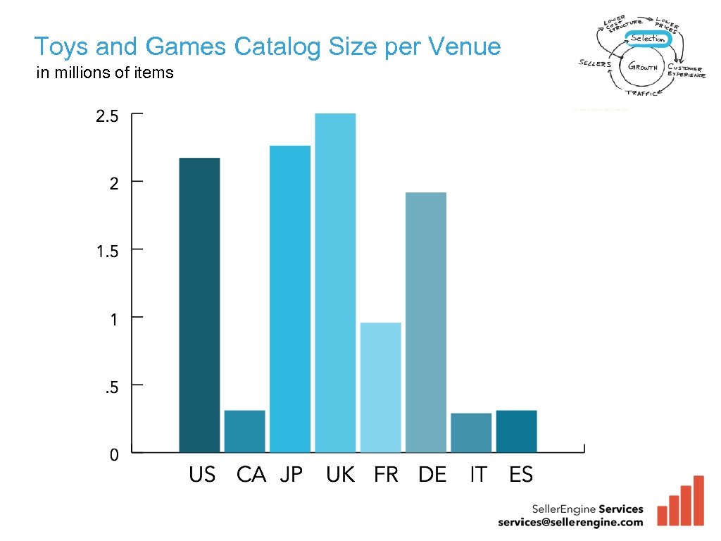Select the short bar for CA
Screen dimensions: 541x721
(x=244, y=430)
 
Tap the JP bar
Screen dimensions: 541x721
(x=289, y=299)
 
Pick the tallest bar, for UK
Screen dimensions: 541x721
(x=335, y=282)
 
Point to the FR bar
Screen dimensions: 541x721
(x=380, y=387)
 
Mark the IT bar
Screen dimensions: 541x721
(x=471, y=432)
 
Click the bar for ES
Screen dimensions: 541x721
(x=516, y=430)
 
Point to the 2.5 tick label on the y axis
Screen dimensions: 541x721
(x=108, y=116)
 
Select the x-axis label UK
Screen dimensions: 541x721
(x=340, y=475)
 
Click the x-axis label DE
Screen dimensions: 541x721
(x=432, y=475)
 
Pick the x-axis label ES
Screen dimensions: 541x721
(x=521, y=475)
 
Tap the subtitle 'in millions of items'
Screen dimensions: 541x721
(x=105, y=73)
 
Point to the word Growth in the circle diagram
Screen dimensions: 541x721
(x=642, y=68)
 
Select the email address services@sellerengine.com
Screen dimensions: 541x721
(x=570, y=522)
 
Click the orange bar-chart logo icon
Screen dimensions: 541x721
(x=680, y=502)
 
